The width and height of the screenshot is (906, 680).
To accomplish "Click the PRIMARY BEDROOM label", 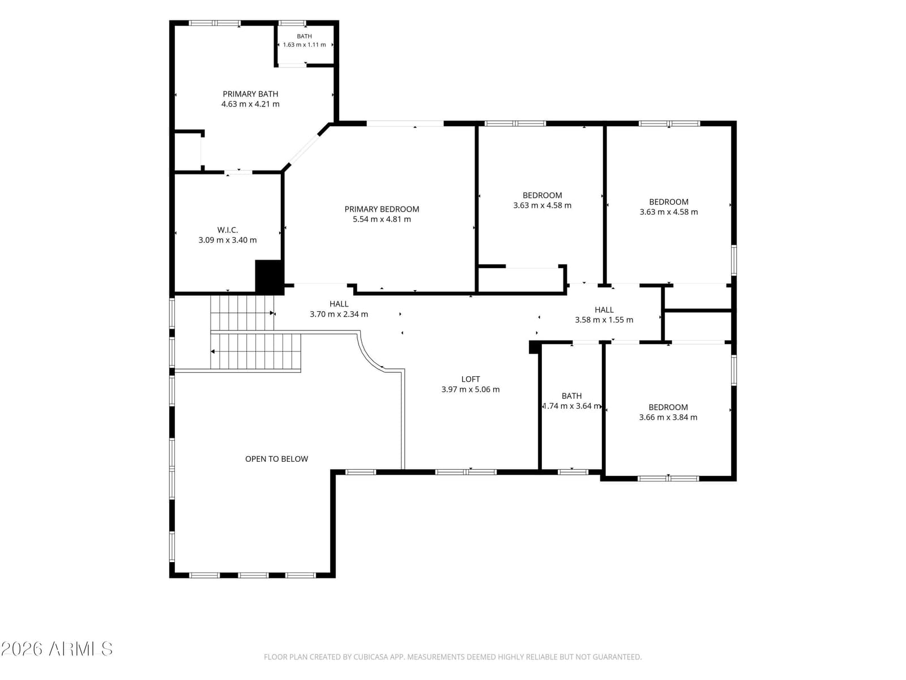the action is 382,209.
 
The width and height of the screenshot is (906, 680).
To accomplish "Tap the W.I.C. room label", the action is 228,230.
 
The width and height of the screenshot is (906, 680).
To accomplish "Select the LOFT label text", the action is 470,379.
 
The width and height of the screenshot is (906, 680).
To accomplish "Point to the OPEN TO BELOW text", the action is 276,458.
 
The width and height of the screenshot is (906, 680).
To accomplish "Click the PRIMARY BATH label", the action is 250,94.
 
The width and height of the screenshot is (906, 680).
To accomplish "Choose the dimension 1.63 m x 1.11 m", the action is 304,45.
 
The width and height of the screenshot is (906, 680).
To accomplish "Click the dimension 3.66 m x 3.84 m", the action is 668,417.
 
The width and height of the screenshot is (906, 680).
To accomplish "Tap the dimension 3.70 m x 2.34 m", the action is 339,314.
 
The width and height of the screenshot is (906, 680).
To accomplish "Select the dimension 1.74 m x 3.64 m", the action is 572,406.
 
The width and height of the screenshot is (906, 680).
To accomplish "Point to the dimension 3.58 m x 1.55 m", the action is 604,320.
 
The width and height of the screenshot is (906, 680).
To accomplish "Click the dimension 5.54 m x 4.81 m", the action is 382,219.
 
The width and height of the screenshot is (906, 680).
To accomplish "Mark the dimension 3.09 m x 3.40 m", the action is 228,240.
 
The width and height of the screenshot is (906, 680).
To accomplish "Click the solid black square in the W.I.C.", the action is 269,277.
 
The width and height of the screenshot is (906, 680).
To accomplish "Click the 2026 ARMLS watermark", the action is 57,649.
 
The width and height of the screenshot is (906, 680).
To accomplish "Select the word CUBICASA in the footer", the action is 369,657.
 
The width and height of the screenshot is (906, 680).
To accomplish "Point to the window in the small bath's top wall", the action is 292,23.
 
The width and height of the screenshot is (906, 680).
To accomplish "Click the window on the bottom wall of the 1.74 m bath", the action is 572,472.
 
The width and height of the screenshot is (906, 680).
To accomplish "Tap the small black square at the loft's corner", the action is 534,347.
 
